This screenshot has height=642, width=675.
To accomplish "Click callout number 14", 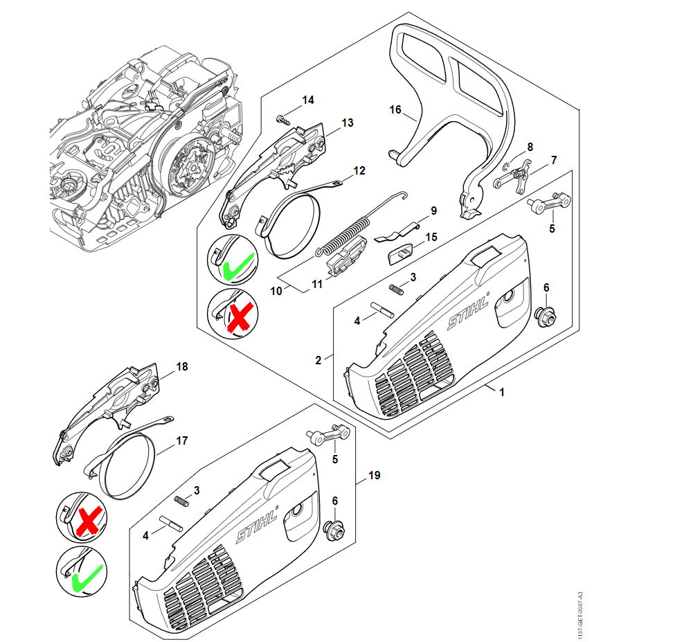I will tap(307, 100).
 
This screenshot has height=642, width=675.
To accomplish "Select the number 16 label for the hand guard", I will tap(395, 109).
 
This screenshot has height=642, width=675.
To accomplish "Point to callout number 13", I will tap(347, 123).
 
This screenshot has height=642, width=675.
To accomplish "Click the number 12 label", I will tap(359, 170).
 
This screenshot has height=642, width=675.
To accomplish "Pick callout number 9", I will tap(433, 210).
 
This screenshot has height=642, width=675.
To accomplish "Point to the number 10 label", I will tap(276, 291).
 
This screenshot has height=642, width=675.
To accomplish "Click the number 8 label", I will tap(530, 147).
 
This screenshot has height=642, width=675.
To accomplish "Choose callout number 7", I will tap(553, 161).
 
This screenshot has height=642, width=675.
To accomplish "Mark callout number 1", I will tap(502, 392).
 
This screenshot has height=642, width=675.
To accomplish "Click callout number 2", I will tap(318, 360).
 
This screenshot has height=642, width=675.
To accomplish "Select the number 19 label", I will tap(375, 476).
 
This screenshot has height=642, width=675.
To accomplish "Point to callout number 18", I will tap(182, 366).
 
